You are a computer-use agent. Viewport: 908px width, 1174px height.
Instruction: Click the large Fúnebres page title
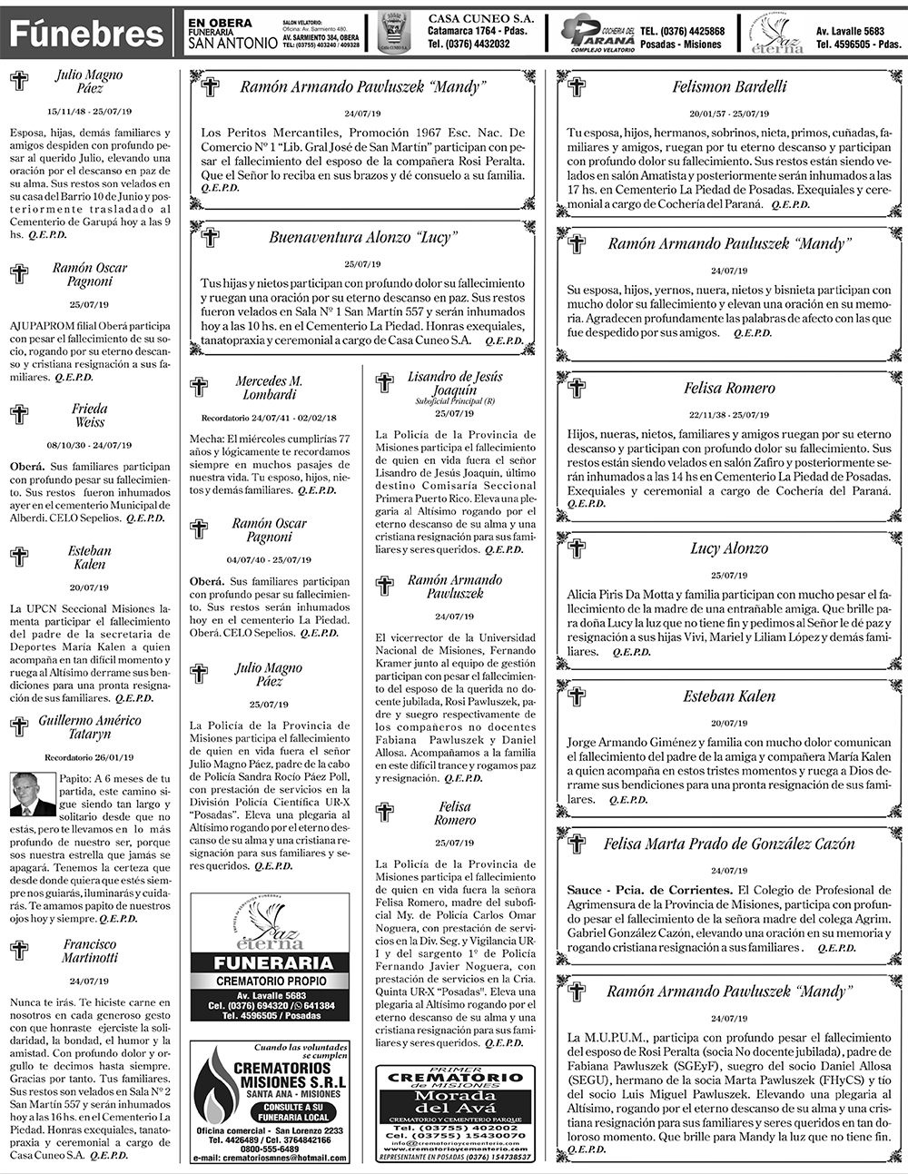pos(86,34)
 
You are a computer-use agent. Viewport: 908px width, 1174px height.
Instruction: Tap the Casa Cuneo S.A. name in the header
pos(481,18)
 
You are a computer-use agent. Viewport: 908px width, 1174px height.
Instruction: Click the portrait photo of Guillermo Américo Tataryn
pos(33,794)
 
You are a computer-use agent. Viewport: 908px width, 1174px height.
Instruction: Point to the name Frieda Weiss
pos(89,415)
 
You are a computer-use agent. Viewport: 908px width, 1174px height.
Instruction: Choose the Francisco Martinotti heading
pos(89,951)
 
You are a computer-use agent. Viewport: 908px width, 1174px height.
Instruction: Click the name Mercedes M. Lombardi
pos(269,388)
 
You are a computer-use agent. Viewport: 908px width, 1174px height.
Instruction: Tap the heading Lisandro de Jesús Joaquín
pos(454,383)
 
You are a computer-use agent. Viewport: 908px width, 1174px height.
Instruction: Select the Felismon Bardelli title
pos(729,87)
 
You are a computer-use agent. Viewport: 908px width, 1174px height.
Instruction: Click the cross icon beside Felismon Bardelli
pos(577,87)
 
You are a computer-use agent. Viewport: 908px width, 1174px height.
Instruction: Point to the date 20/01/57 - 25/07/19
pos(729,114)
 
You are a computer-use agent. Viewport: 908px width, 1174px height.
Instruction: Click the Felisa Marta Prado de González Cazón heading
pos(729,844)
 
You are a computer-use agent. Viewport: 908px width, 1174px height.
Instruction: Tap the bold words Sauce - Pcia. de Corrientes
pos(649,890)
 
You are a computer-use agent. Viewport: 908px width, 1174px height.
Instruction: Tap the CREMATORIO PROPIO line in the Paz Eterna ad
pos(270,982)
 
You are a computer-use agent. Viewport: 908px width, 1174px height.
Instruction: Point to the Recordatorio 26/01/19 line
pos(89,757)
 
